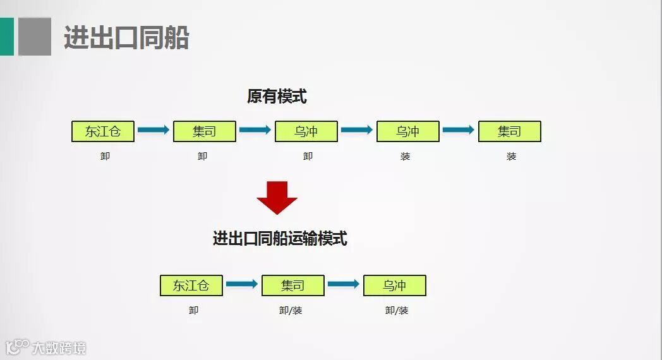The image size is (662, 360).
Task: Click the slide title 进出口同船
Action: (126, 38)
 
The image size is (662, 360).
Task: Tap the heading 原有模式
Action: (277, 97)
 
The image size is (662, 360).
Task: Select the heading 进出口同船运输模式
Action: (280, 238)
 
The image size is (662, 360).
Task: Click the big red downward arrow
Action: (277, 197)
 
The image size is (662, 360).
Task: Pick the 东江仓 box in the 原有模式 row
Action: (103, 131)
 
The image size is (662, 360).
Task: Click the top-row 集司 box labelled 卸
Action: (204, 131)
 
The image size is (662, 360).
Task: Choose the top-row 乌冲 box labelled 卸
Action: (306, 131)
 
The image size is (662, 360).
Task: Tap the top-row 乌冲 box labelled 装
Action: (407, 131)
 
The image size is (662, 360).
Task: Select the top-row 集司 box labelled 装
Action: (509, 131)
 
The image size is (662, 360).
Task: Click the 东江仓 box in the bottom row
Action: (191, 285)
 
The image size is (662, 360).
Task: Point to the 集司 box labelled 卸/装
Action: (292, 285)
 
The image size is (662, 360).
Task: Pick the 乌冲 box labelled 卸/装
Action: (394, 285)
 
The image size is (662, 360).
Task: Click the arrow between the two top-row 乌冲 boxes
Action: (357, 130)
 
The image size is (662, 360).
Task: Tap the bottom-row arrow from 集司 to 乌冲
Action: (344, 284)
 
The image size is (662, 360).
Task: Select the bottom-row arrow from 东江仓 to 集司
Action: (242, 284)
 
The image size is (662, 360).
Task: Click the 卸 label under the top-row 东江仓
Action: (105, 156)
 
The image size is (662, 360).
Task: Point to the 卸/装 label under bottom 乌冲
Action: (397, 310)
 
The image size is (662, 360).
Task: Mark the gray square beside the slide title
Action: (35, 37)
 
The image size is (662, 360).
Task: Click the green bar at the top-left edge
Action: (6, 37)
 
